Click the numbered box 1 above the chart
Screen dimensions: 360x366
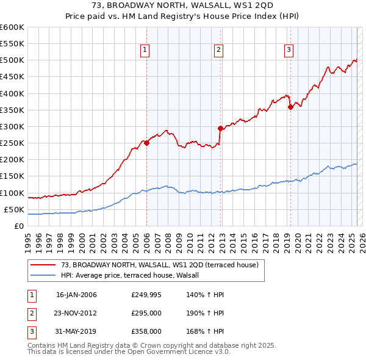[x=145, y=51]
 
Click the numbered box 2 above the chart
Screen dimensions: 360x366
[x=218, y=51]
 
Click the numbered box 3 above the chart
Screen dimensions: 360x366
[x=289, y=51]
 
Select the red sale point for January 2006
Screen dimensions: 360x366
[x=146, y=143]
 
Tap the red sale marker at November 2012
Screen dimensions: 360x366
[x=221, y=128]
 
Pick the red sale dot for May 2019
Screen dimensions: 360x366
[x=290, y=107]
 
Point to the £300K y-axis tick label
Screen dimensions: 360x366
[x=12, y=126]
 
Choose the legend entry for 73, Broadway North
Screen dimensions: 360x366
[x=160, y=265]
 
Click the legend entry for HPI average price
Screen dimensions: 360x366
[x=134, y=275]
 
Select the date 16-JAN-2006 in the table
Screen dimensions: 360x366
[x=76, y=295]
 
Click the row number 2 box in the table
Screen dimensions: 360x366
[x=30, y=313]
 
